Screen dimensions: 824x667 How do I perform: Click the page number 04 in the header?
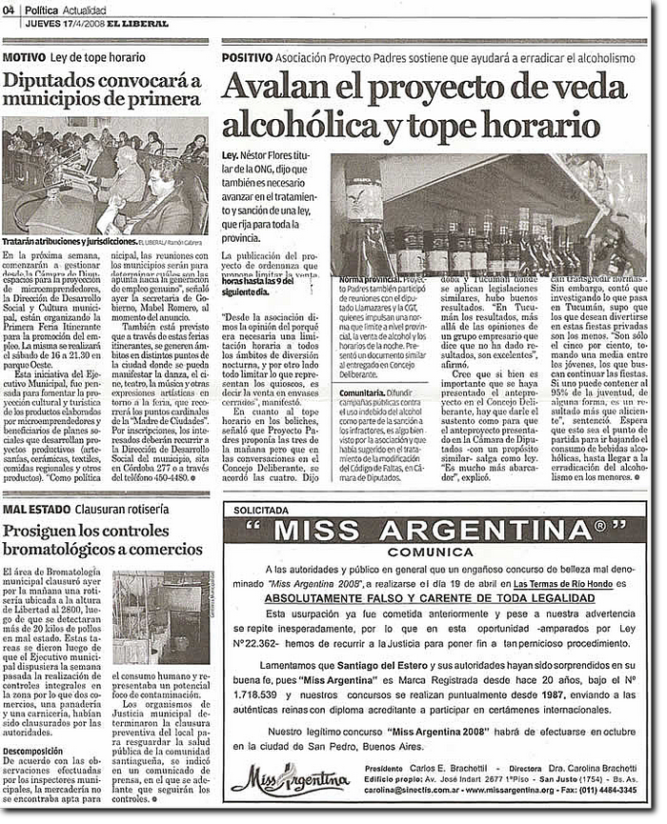click(x=9, y=9)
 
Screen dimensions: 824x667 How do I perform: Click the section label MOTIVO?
click(x=28, y=57)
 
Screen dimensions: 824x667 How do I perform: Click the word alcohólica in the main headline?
click(x=290, y=123)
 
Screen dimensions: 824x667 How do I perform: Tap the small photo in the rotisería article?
click(x=162, y=617)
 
